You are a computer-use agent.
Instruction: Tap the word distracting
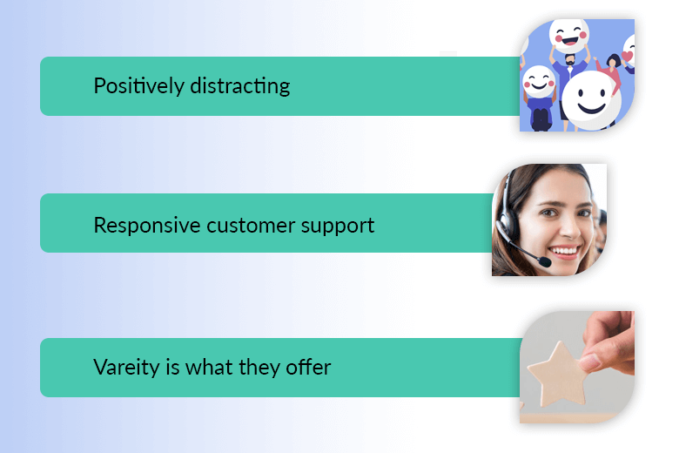tap(240, 86)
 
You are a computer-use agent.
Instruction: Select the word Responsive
tap(147, 226)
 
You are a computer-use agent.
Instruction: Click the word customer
tap(251, 226)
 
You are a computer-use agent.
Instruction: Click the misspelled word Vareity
tap(126, 368)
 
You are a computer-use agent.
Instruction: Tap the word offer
tap(308, 367)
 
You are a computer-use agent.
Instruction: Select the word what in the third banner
tap(209, 367)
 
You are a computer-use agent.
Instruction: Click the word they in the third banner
tap(259, 368)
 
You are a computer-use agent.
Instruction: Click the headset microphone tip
tap(545, 262)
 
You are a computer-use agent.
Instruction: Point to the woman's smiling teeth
tap(564, 252)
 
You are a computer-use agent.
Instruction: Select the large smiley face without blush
tap(591, 100)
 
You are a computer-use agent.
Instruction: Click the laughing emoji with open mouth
tap(569, 36)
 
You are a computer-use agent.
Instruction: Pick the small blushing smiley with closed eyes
tap(539, 83)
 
